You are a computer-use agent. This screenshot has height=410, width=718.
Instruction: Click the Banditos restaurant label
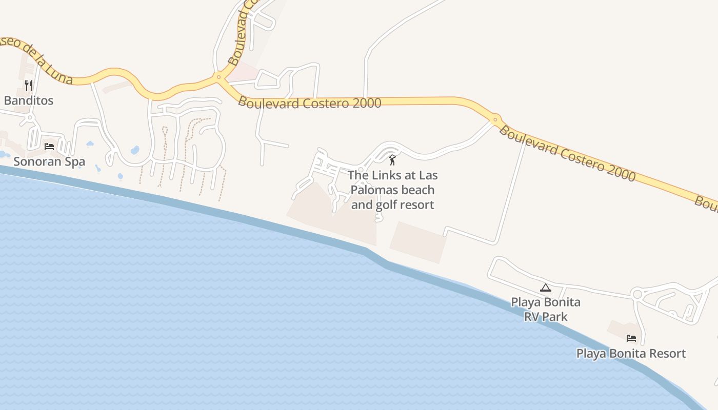click(x=29, y=100)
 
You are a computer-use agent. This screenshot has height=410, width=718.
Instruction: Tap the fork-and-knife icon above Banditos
click(x=29, y=85)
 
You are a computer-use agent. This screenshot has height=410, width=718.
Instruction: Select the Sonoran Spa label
click(x=49, y=161)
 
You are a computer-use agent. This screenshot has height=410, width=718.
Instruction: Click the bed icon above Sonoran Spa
click(x=49, y=147)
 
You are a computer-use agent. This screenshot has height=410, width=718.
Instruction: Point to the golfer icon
click(x=392, y=160)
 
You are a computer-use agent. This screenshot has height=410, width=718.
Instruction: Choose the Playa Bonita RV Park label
click(x=546, y=309)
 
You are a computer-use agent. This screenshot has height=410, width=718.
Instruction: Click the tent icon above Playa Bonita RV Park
click(x=545, y=288)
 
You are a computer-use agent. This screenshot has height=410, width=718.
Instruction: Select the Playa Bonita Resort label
click(x=631, y=354)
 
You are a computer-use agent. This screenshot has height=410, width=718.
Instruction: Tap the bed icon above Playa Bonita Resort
click(x=631, y=338)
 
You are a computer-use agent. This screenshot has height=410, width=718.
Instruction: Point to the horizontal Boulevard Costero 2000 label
click(x=310, y=102)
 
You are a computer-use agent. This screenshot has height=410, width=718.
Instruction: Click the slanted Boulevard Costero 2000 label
click(x=567, y=154)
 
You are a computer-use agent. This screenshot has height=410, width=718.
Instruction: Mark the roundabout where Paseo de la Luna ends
click(x=219, y=77)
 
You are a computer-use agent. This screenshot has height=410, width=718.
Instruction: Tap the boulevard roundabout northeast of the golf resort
click(x=495, y=120)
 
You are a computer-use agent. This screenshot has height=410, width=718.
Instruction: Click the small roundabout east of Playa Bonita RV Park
click(x=637, y=294)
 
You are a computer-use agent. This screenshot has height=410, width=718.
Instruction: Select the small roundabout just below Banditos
click(x=30, y=117)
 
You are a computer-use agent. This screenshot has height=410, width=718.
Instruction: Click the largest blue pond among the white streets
click(x=135, y=150)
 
